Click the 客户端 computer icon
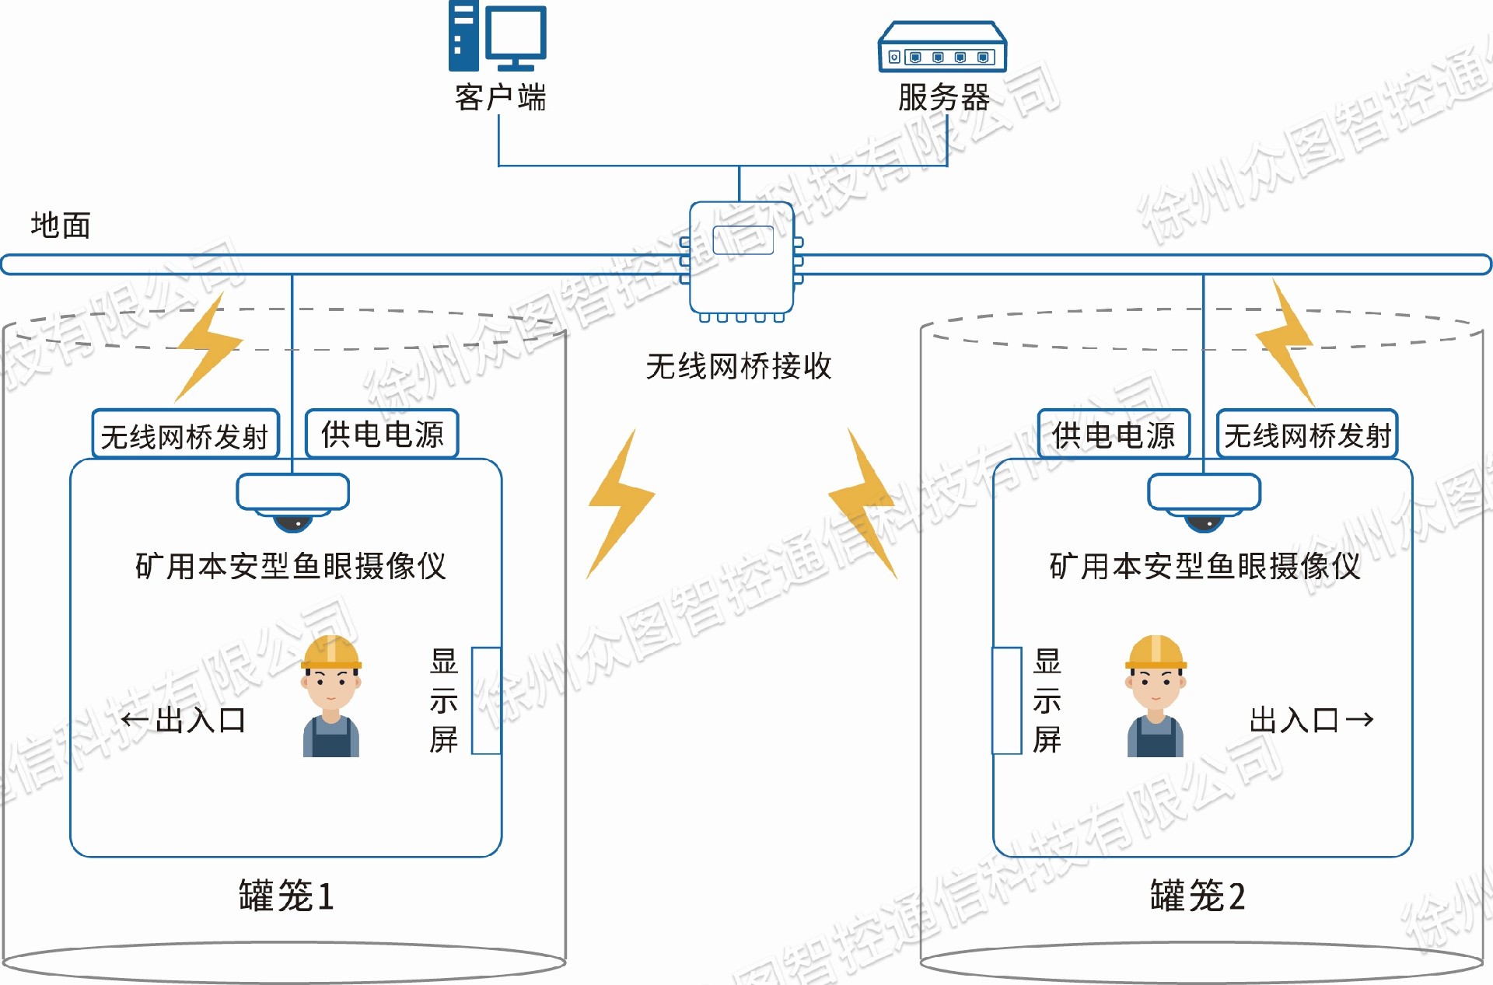click(x=498, y=37)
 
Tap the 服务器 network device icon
click(x=942, y=48)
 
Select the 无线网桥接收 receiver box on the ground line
click(x=742, y=258)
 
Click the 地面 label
click(x=61, y=225)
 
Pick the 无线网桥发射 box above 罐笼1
click(x=185, y=435)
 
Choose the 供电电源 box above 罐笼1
click(x=382, y=434)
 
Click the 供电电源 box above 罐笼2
click(x=1114, y=434)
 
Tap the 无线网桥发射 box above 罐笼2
click(x=1307, y=435)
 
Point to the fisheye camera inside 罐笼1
click(x=293, y=501)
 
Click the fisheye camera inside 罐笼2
click(x=1205, y=501)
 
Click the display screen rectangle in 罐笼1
click(x=486, y=700)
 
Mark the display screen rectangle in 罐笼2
click(x=1007, y=700)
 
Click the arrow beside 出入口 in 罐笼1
click(x=135, y=720)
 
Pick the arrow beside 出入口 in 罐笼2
click(x=1359, y=720)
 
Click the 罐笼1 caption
click(x=286, y=896)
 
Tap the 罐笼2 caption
click(x=1198, y=896)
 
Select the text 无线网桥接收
click(x=739, y=366)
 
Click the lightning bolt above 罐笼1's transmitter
click(x=208, y=348)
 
